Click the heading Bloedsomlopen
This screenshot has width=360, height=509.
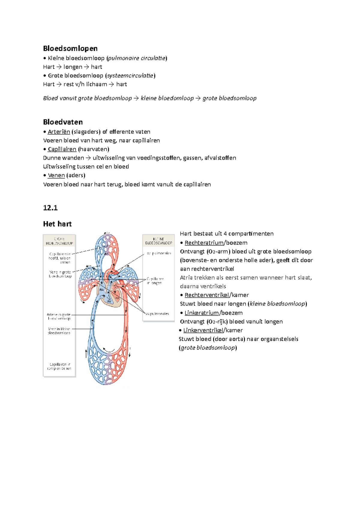pos(70,48)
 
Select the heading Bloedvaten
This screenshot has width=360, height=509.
pos(63,122)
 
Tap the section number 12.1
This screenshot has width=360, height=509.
pos(50,208)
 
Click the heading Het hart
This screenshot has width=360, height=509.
pos(57,224)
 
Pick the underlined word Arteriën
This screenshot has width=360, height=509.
pos(59,132)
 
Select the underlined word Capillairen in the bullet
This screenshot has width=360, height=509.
pos(62,149)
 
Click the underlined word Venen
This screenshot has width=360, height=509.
pos(56,175)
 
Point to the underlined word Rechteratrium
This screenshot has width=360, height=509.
pos(204,243)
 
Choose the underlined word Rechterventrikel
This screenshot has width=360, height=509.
pos(207,295)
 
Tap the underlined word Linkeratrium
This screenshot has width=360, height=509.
pos(202,313)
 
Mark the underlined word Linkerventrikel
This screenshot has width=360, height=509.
pos(203,330)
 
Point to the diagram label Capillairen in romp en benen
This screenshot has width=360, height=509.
pos(59,366)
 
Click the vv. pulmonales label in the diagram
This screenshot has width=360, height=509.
pos(157,314)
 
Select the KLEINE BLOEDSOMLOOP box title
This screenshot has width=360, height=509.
pos(158,241)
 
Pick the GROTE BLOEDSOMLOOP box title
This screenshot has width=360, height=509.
pos(59,241)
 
